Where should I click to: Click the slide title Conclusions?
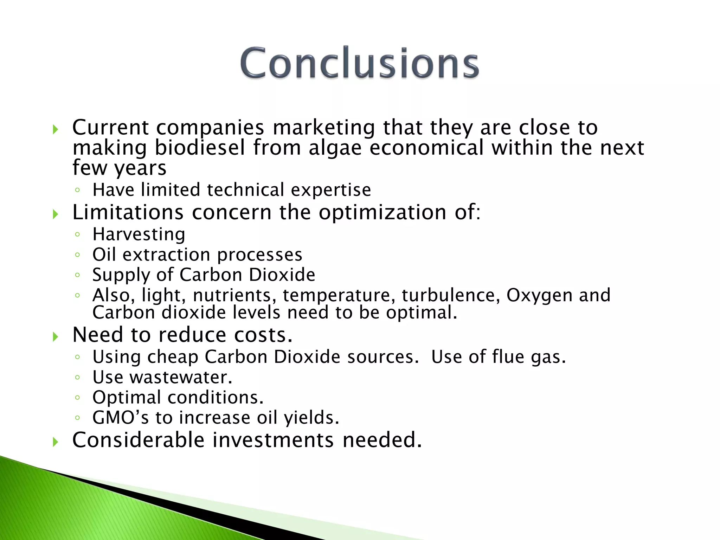pos(359,63)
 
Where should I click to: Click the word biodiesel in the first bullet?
pos(200,148)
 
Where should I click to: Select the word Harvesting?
pos(139,234)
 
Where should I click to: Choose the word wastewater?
pos(181,377)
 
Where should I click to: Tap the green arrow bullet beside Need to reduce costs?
pos(55,337)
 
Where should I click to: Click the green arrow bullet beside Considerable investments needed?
pos(55,442)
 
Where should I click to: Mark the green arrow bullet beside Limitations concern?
pos(55,214)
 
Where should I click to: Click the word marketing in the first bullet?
pos(324,128)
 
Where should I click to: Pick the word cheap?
pos(173,357)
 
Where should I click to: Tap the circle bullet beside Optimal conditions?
pos(77,398)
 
